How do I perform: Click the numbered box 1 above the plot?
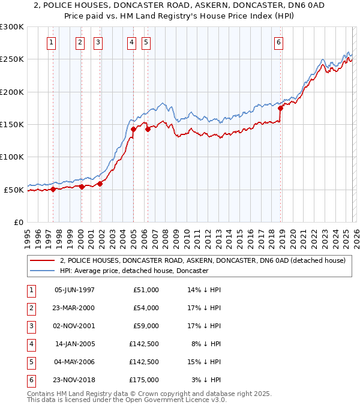pos(52,42)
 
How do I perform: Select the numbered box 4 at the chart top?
pos(131,42)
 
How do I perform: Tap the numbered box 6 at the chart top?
pos(279,42)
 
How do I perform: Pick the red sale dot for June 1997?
pos(53,189)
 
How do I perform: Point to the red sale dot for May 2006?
pos(147,129)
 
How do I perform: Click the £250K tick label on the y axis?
pos(12,59)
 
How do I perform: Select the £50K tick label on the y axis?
pos(14,190)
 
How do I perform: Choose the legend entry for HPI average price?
pos(134,271)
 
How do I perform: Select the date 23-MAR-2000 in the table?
pos(74,308)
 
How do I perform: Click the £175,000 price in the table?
pos(146,380)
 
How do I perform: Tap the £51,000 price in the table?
pos(146,290)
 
